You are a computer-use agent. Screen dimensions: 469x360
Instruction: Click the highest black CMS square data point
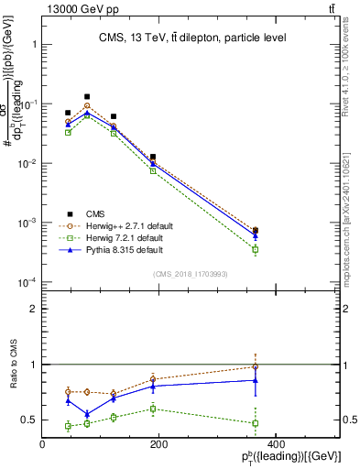(x=87, y=96)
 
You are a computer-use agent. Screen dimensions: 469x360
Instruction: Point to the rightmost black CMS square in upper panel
(x=255, y=231)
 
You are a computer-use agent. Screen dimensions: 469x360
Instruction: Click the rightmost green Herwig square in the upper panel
(x=255, y=249)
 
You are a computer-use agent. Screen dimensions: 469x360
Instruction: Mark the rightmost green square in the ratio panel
(x=255, y=423)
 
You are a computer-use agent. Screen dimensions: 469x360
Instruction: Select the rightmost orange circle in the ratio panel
(x=255, y=367)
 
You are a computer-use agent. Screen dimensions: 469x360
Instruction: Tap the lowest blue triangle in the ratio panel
(x=87, y=414)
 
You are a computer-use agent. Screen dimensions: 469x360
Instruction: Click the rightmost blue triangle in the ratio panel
(x=255, y=379)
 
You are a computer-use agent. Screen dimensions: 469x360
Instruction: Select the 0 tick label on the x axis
(x=43, y=445)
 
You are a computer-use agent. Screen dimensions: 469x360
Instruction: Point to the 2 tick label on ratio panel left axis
(x=34, y=310)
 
